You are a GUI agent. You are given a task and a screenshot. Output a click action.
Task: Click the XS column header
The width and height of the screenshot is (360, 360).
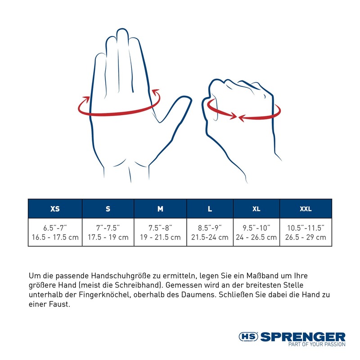(x=55, y=209)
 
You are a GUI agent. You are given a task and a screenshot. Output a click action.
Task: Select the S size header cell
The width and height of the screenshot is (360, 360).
(x=108, y=209)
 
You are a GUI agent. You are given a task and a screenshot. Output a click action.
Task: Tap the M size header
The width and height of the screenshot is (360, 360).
(x=160, y=209)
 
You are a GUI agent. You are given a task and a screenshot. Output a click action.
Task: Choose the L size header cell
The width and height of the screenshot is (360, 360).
(x=210, y=209)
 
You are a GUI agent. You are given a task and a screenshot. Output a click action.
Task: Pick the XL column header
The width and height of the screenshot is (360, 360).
(x=256, y=209)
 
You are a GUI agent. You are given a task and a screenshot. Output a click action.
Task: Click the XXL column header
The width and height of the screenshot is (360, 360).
(x=306, y=209)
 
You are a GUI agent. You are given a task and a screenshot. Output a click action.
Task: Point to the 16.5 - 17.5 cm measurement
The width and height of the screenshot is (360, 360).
(x=55, y=237)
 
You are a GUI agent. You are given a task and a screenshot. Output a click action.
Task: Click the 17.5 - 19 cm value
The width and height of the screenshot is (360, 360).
(x=108, y=237)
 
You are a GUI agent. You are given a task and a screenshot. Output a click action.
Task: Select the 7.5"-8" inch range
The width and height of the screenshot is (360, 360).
(x=160, y=228)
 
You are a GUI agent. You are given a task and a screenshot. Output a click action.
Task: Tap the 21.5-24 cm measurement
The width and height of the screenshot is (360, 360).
(x=210, y=237)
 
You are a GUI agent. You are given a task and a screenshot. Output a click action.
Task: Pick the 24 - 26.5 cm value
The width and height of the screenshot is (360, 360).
(x=256, y=237)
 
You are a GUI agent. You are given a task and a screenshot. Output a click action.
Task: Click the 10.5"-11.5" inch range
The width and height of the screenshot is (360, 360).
(x=306, y=228)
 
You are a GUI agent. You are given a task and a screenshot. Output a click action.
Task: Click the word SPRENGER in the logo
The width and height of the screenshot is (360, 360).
(x=303, y=337)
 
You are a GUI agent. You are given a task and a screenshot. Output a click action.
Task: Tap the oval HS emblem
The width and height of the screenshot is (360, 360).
(x=248, y=337)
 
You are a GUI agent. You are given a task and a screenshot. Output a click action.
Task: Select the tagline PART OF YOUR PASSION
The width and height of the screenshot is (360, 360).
(x=317, y=344)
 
